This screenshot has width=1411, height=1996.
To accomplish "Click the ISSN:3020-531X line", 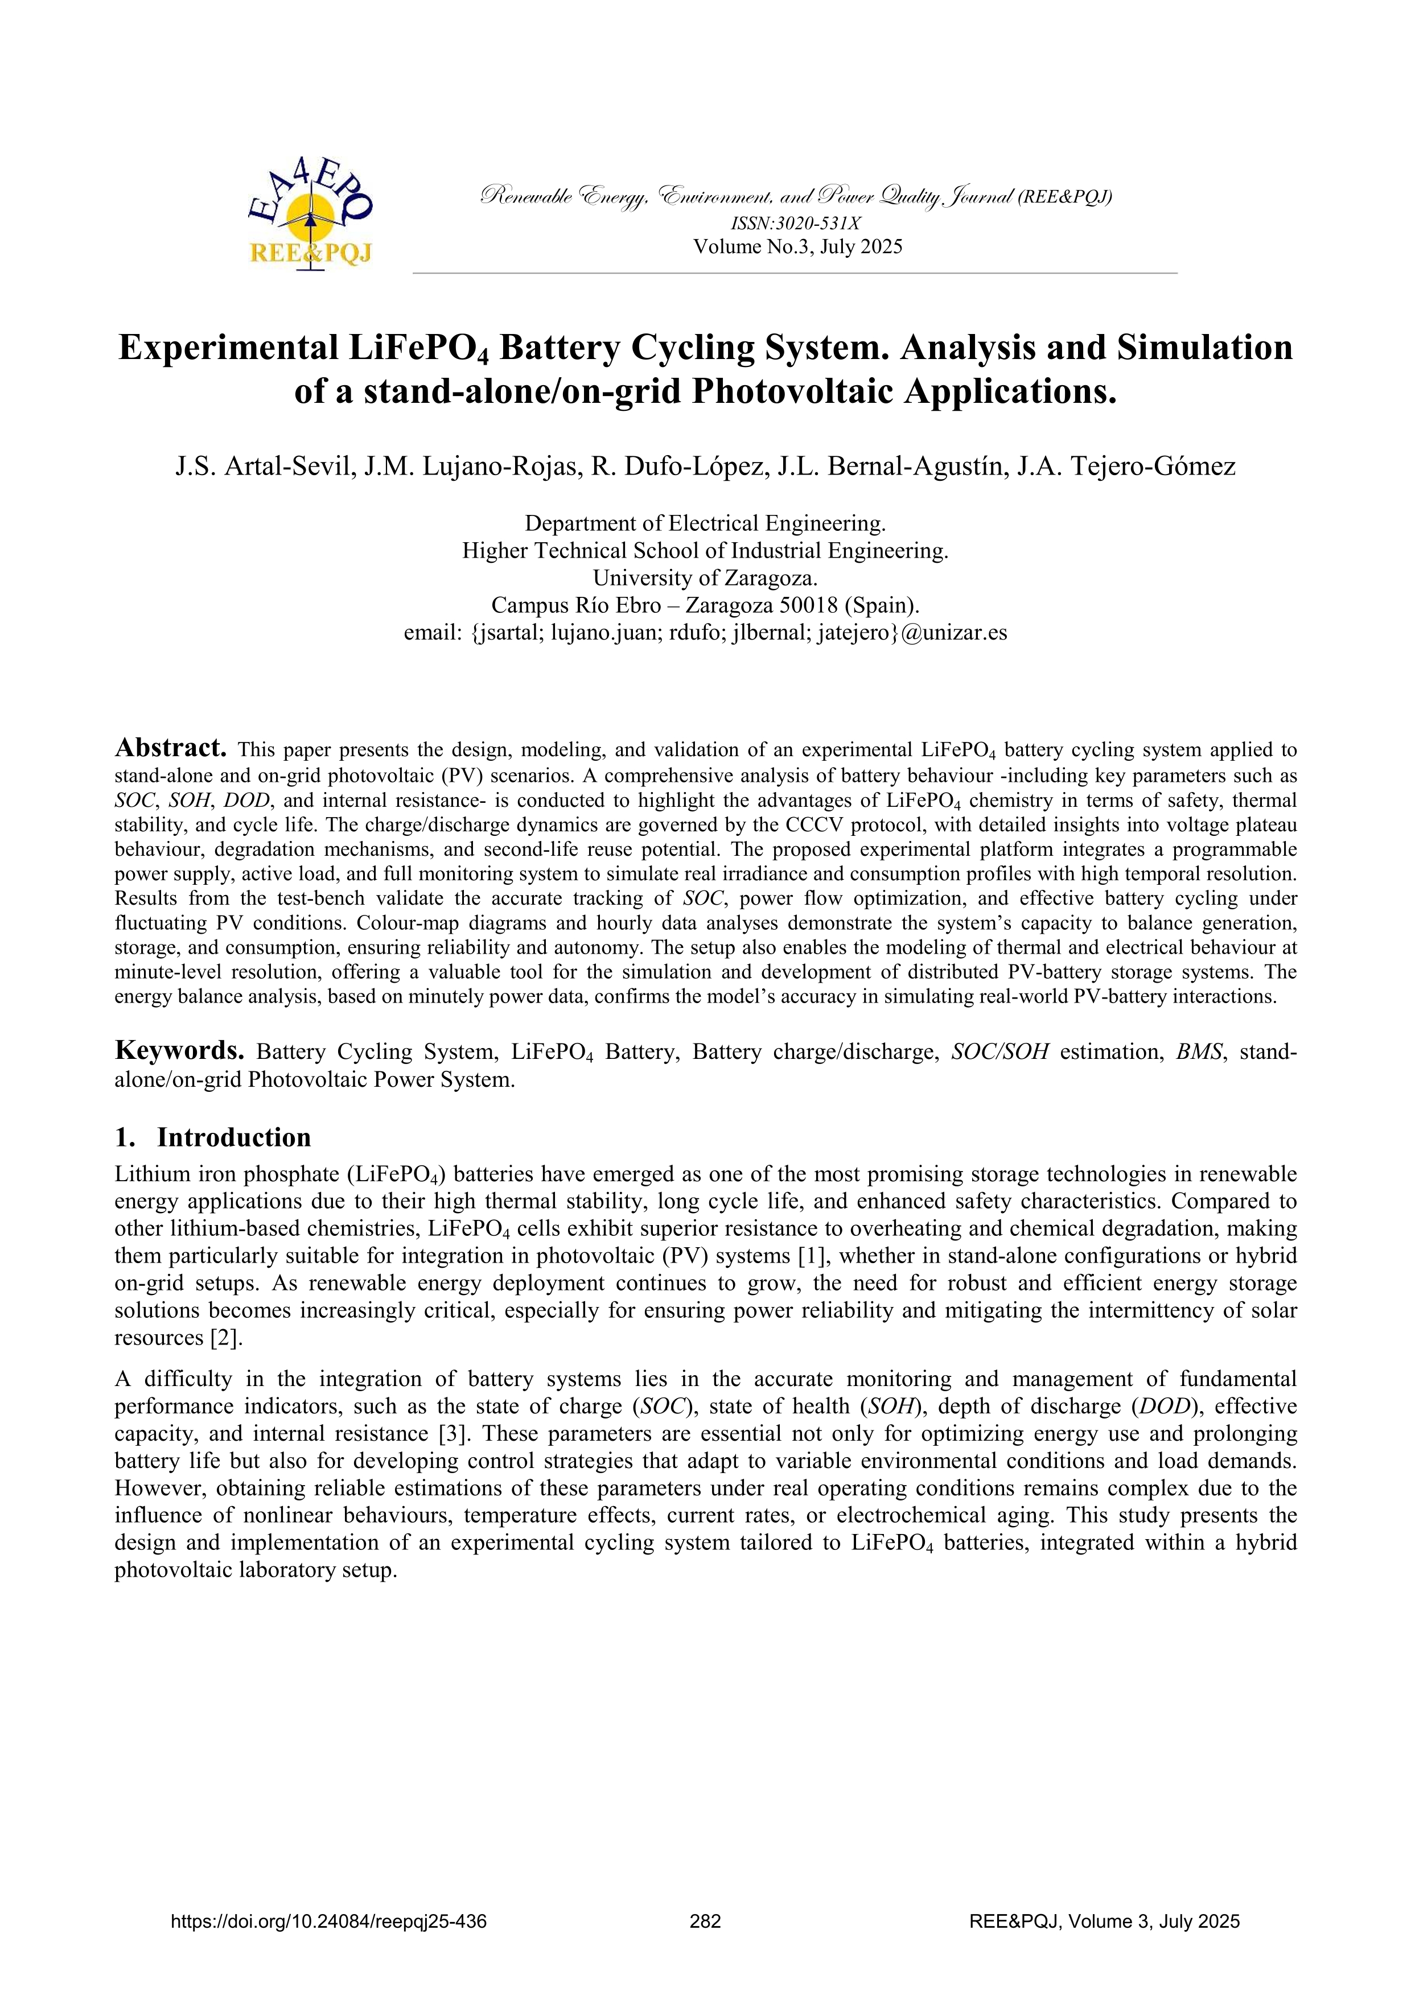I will [x=796, y=224].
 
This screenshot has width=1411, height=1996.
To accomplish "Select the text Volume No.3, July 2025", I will [x=797, y=247].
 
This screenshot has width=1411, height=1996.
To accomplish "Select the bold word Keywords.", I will [x=179, y=1050].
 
